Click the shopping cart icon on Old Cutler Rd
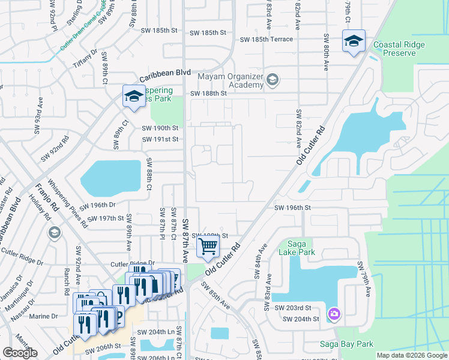point(208,245)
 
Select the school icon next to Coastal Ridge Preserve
point(354,41)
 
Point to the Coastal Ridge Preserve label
point(394,49)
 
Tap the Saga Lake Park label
point(298,248)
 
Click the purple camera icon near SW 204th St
point(334,314)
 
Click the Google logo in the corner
point(20,353)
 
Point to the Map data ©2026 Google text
point(411,355)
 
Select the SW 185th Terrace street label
point(267,40)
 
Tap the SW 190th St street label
point(160,128)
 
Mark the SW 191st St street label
point(160,139)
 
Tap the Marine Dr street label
point(43,316)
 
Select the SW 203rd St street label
point(295,307)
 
